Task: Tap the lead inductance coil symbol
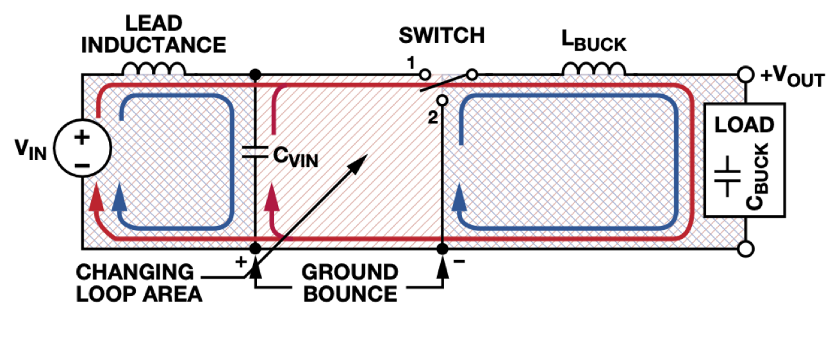[154, 69]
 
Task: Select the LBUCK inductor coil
[594, 69]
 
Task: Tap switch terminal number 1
[424, 75]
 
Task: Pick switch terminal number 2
[441, 101]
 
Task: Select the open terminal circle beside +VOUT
[745, 75]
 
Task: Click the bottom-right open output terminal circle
[745, 249]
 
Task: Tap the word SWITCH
[441, 35]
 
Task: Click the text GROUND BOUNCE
[349, 282]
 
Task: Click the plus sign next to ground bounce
[241, 261]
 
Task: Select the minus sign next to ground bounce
[459, 261]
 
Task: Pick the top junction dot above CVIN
[255, 75]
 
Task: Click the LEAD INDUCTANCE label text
[154, 35]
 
